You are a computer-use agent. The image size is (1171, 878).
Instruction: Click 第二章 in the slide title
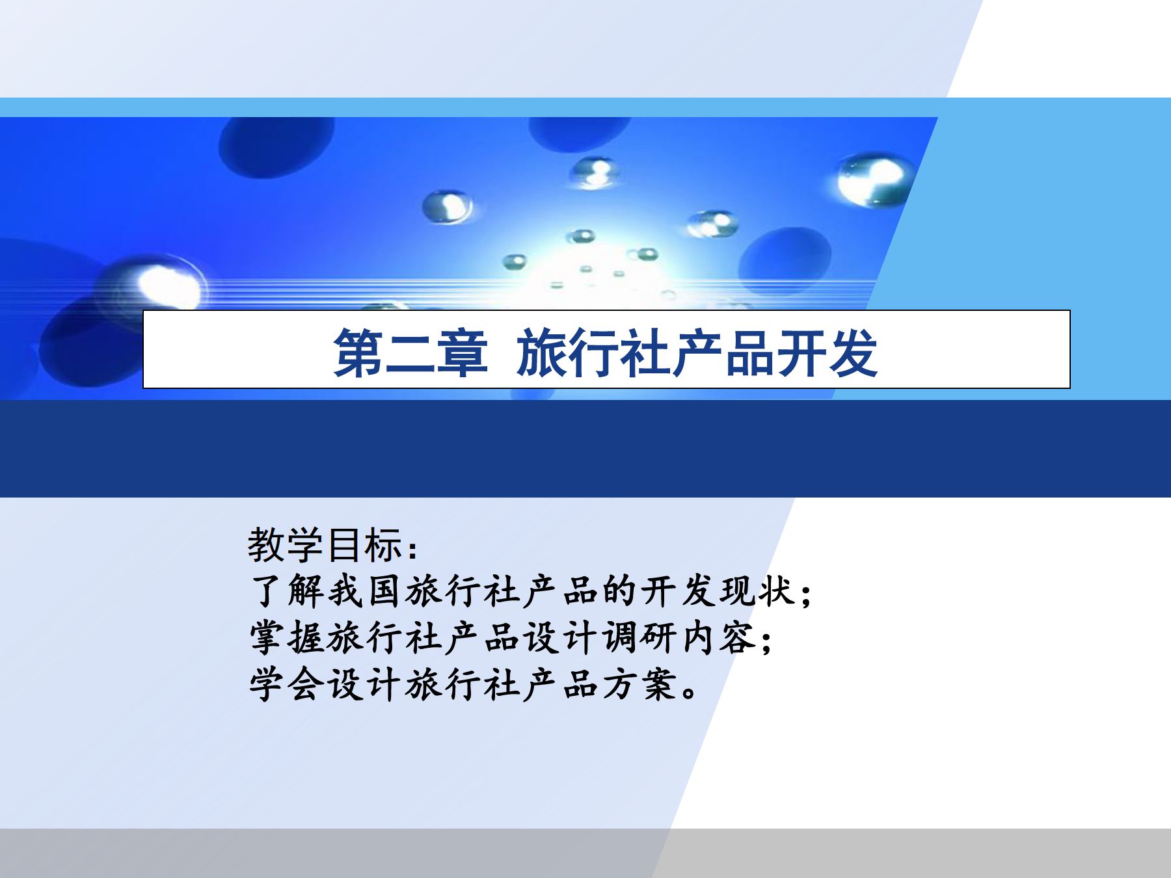point(410,353)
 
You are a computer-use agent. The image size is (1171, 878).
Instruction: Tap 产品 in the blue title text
point(722,353)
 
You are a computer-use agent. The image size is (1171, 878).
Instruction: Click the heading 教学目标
point(325,545)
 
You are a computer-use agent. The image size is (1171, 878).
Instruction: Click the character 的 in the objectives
point(619,591)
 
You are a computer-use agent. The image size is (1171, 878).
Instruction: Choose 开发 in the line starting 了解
point(677,591)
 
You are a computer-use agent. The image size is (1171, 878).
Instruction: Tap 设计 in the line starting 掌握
point(560,638)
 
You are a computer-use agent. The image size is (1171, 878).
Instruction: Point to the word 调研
point(638,638)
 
